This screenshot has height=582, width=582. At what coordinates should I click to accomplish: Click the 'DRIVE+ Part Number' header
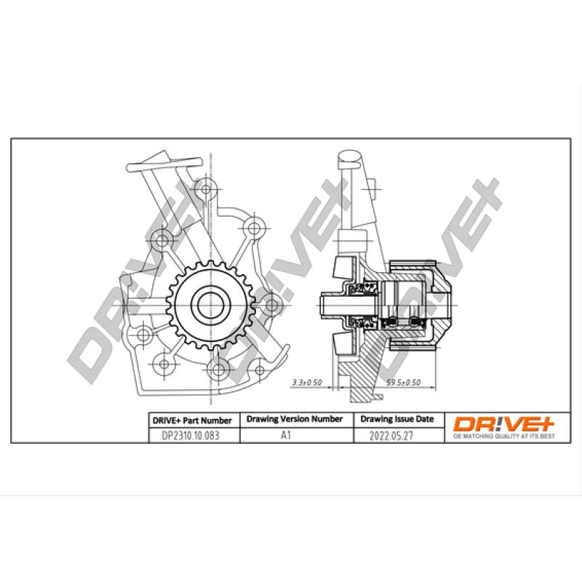[191, 420]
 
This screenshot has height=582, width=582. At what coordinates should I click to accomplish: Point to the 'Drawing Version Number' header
[295, 420]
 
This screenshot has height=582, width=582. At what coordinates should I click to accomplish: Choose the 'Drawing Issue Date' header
[396, 420]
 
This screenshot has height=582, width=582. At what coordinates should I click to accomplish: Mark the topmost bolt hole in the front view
[207, 189]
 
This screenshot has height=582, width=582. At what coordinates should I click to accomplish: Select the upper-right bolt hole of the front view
[253, 226]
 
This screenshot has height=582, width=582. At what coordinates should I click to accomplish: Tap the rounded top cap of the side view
[350, 156]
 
